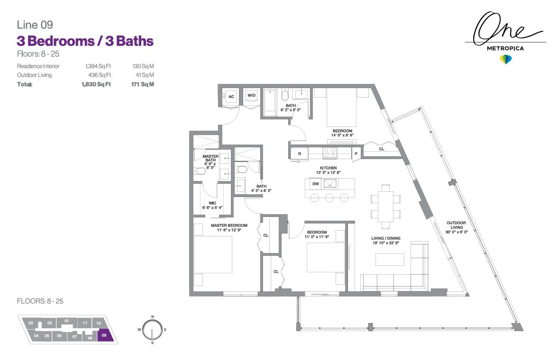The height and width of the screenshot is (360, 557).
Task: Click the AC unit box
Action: tap(231, 96)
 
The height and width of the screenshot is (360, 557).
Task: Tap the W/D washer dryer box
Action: tap(251, 96)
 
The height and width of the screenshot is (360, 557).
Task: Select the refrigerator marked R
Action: tap(300, 153)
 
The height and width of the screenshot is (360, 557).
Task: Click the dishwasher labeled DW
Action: tap(315, 184)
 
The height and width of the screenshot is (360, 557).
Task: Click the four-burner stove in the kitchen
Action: tap(329, 153)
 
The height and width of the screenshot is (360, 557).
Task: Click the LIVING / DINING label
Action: tap(386, 241)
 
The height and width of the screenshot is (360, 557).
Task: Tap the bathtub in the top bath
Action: tap(270, 102)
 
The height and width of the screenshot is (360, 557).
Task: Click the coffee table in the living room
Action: tap(390, 260)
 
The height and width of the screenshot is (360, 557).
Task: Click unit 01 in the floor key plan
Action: tap(67, 321)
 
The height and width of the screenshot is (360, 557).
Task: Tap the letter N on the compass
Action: tap(152, 316)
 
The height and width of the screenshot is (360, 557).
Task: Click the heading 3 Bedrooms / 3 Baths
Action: tap(85, 41)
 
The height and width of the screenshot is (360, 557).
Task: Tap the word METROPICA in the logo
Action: tap(505, 48)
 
